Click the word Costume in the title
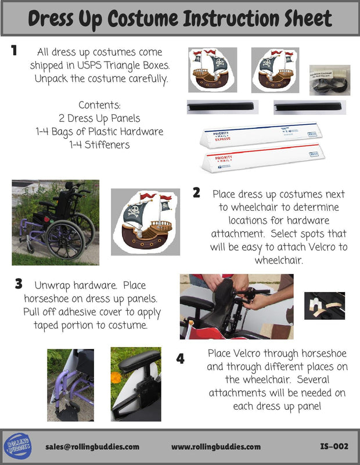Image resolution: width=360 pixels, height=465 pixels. click(142, 19)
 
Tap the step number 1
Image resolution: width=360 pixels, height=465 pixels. click(14, 50)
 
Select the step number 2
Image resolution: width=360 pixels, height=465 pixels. click(196, 193)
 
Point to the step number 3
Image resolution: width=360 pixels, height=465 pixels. click(19, 283)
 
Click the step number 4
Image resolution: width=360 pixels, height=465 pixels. click(181, 359)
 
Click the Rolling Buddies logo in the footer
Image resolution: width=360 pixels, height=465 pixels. click(18, 446)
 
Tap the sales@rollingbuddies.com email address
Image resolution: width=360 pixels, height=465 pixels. click(92, 446)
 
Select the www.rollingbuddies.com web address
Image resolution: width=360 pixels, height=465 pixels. click(216, 446)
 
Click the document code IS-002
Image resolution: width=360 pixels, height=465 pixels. click(334, 446)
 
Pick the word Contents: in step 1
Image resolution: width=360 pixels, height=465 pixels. click(100, 104)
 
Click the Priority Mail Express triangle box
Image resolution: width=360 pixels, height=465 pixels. click(261, 135)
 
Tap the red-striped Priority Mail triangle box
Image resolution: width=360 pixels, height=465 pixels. click(263, 158)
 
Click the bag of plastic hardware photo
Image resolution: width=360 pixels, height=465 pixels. click(330, 80)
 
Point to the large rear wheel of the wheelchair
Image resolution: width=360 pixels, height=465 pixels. click(66, 240)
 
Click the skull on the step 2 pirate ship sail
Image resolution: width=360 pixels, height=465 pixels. click(134, 211)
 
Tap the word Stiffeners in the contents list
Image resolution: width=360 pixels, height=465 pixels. click(107, 145)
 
